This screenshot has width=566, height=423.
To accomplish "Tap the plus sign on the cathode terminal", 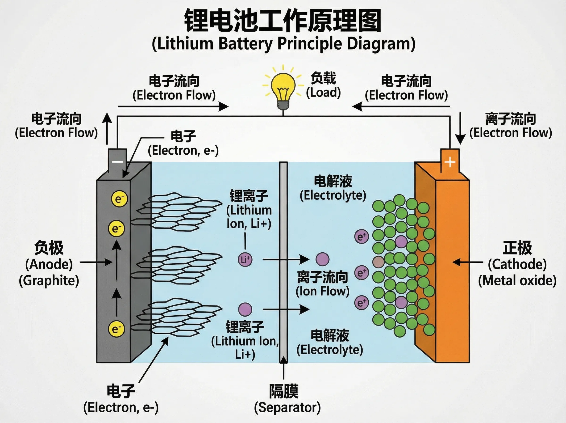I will point(450,162).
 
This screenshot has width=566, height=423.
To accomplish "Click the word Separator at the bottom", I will point(287,407).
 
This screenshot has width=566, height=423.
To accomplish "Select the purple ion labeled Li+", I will point(245,260).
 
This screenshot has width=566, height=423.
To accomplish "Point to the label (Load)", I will point(323,93).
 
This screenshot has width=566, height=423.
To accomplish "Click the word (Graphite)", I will point(49,281).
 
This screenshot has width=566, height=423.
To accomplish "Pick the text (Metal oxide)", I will point(517,281).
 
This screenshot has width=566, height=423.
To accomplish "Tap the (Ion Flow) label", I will point(322,291).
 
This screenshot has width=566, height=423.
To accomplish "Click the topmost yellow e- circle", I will point(119,199).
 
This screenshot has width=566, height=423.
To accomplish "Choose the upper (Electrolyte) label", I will point(333,196).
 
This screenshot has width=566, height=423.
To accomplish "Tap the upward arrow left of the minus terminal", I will point(107,128).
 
